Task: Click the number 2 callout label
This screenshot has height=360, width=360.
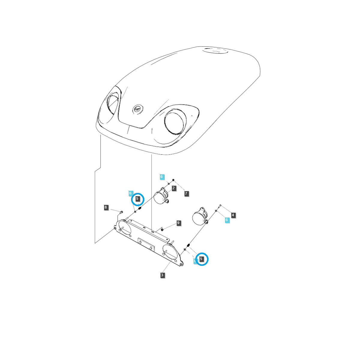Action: (x=174, y=188)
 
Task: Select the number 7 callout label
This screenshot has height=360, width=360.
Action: (x=186, y=193)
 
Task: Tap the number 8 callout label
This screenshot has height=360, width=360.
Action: (x=106, y=207)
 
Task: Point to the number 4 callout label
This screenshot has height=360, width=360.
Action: (x=233, y=215)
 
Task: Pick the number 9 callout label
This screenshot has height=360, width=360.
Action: (x=178, y=223)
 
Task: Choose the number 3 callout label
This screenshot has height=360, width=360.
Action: (x=162, y=275)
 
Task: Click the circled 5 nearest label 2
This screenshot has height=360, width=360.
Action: (x=138, y=199)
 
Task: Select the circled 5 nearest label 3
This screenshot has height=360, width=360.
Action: (x=202, y=259)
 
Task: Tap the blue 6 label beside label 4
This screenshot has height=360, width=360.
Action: (x=227, y=220)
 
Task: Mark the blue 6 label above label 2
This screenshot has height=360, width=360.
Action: (x=161, y=177)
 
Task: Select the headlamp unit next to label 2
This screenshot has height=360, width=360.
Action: (x=161, y=196)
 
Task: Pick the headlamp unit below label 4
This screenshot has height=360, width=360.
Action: (x=199, y=216)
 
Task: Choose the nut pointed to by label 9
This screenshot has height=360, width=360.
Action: (x=162, y=229)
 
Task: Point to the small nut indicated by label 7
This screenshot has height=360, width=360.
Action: (x=173, y=180)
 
